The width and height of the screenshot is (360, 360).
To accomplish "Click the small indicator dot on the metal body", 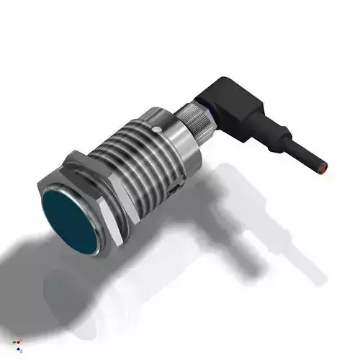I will click(158, 127).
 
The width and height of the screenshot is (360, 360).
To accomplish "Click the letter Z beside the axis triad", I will click(22, 351).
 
